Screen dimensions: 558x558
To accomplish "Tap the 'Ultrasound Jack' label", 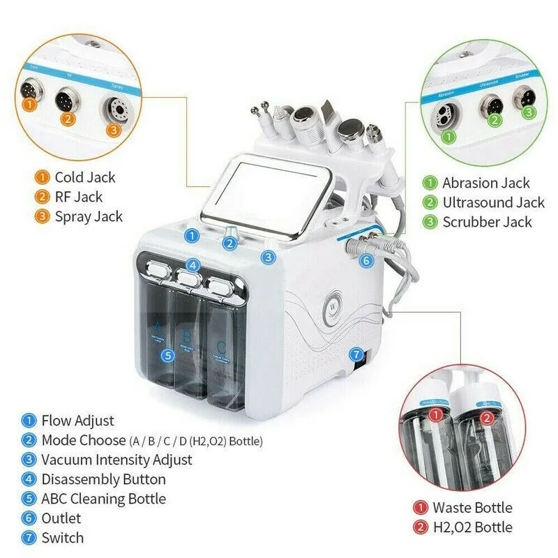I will point(493,203).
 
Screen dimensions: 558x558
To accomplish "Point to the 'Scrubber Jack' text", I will point(487,223).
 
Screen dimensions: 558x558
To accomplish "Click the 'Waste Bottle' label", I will point(472,508).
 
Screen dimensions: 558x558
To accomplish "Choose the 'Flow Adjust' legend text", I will point(77,421).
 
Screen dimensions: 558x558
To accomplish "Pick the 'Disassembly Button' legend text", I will point(103,479).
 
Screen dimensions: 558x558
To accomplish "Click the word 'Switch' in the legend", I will point(62,538).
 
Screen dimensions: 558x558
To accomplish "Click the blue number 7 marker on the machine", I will point(356,354).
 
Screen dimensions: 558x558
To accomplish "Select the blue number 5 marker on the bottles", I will point(167,355).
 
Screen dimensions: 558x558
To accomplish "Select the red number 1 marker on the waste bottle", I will point(436,416).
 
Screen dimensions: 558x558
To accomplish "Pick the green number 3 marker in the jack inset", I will point(529,112).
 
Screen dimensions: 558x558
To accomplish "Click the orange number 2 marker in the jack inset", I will point(68,119).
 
